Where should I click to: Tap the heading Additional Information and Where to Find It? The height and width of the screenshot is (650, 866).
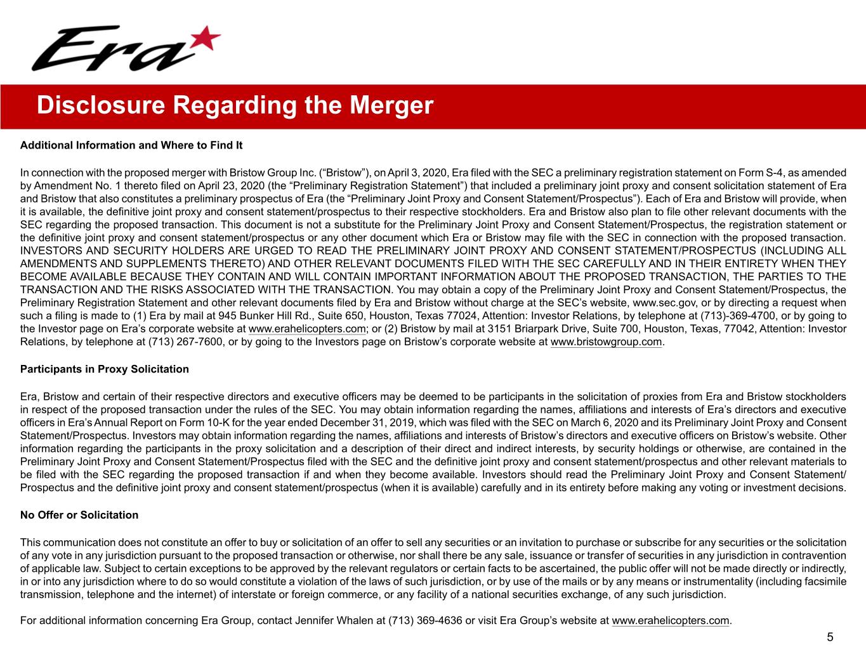point(131,145)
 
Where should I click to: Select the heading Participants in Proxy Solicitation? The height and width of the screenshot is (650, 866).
point(105,369)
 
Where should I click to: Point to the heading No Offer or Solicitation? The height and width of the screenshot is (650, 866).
point(79,515)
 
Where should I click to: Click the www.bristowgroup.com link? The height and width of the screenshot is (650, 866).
point(607,342)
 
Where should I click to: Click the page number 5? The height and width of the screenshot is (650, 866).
point(829,637)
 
